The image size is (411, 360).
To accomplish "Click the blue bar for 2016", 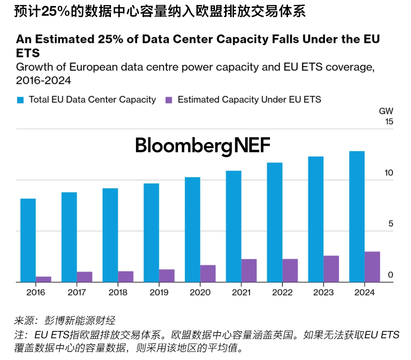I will coord(28,240).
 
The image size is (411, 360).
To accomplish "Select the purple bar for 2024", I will coord(372,267).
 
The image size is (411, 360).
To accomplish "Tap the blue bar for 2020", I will coord(192,230).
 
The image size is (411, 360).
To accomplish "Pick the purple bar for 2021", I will coord(249,270).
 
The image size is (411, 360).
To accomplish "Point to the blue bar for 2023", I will coord(316,219).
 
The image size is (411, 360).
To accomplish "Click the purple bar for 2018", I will coord(125,276).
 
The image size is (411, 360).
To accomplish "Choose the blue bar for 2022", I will coord(275,222).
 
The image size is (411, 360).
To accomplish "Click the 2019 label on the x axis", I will coord(159,292).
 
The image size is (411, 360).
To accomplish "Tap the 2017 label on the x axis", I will coord(77,292).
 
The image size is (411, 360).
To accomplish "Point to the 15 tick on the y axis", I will coord(388,122).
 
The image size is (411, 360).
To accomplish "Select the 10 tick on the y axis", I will coord(388,173).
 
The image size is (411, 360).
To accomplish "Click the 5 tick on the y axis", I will coord(390,224).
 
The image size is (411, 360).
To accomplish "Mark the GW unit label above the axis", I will coord(386,111).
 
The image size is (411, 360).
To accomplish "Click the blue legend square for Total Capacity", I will coord(20,99).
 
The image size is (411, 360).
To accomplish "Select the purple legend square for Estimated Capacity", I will coord(169,99).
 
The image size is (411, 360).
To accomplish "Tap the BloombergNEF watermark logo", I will coord(202,146).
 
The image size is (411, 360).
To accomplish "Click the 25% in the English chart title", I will coord(112,39).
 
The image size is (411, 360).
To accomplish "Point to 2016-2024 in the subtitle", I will coord(43,81).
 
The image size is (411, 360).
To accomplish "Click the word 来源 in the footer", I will coord(25,320).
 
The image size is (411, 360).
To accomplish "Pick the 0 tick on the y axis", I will coord(390,275).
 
